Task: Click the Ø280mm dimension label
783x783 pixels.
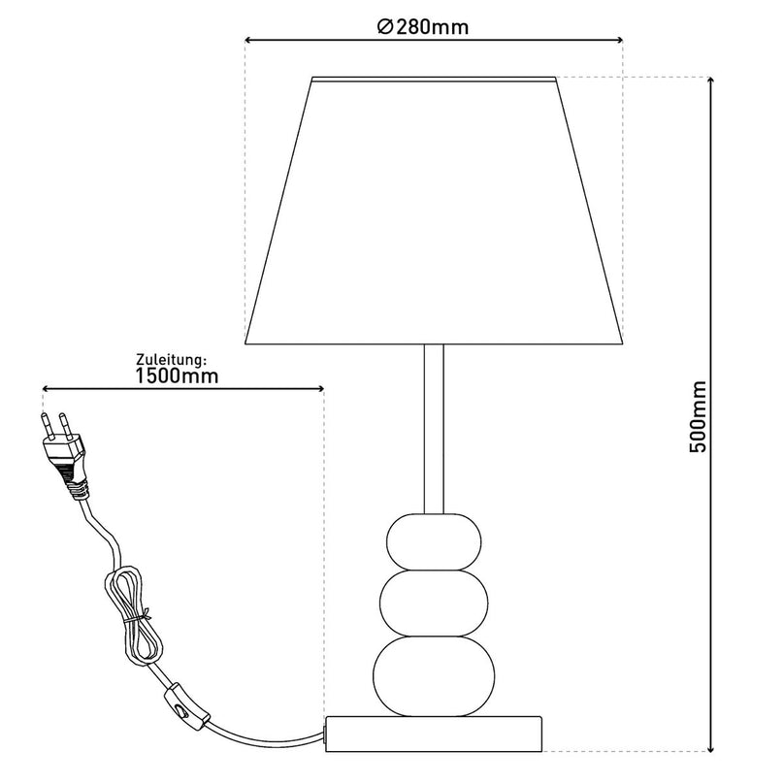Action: (x=423, y=26)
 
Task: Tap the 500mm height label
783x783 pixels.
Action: (x=699, y=417)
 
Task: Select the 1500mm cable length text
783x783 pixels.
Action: (x=177, y=376)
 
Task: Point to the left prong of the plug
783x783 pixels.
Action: (x=47, y=425)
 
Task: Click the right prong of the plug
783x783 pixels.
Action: (x=65, y=426)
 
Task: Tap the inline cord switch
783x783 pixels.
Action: (x=184, y=705)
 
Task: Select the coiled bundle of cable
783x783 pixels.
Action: (x=131, y=615)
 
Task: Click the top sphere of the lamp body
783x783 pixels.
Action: (x=434, y=542)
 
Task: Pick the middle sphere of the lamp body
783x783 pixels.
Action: (x=434, y=604)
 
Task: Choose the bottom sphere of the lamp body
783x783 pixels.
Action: (x=434, y=675)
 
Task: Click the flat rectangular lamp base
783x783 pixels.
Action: (x=434, y=734)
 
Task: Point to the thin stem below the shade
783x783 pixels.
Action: (x=434, y=429)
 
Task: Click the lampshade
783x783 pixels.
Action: (x=434, y=211)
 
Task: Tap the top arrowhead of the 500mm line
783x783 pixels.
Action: (x=711, y=82)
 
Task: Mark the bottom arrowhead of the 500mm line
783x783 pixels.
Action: (x=711, y=747)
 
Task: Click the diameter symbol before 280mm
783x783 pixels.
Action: (x=385, y=27)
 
